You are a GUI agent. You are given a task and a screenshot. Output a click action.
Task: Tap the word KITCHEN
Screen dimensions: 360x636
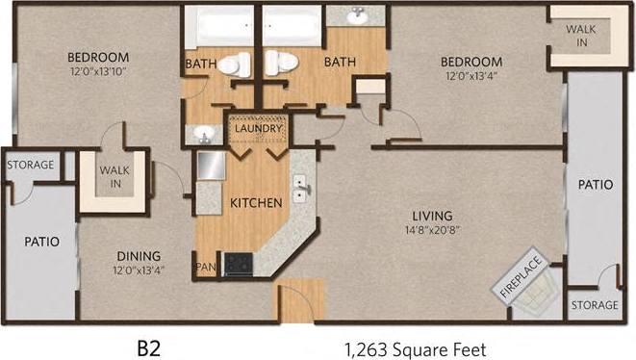pyautogui.click(x=255, y=203)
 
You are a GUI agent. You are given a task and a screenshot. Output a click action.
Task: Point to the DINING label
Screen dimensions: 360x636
pyautogui.click(x=139, y=255)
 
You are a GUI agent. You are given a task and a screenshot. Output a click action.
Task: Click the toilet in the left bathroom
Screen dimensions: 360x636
pyautogui.click(x=234, y=65)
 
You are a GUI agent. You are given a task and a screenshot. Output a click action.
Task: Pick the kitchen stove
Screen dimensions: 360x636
pyautogui.click(x=239, y=264)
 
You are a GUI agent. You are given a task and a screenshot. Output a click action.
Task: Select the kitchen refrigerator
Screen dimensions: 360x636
pyautogui.click(x=211, y=167)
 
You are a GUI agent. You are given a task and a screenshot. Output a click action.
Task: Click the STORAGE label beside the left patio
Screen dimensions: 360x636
pyautogui.click(x=31, y=166)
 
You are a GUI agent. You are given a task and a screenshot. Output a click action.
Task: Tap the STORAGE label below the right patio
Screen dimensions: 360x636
pyautogui.click(x=594, y=305)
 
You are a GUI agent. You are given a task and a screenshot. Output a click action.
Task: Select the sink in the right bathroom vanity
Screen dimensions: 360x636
pyautogui.click(x=356, y=17)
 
